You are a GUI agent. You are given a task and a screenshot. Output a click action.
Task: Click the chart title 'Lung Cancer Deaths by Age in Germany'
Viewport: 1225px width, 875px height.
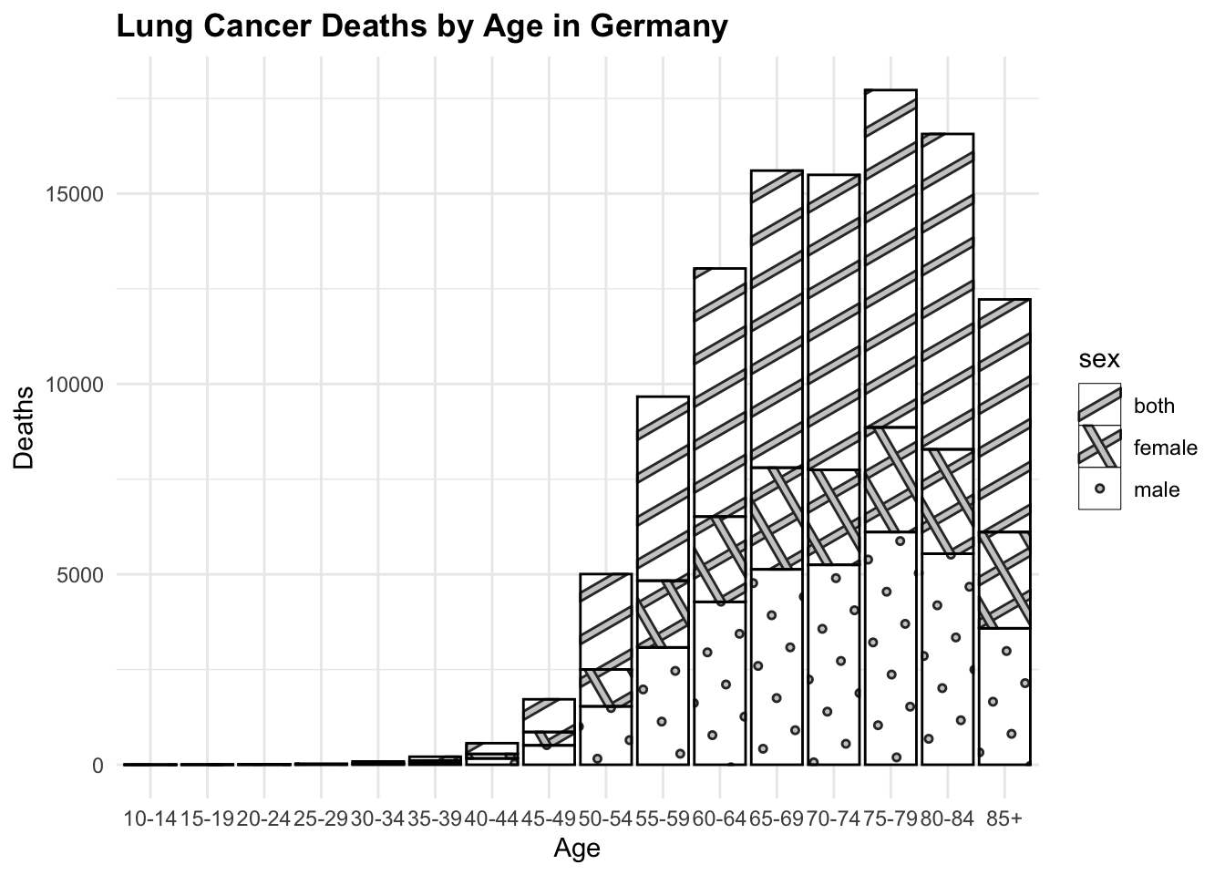422,27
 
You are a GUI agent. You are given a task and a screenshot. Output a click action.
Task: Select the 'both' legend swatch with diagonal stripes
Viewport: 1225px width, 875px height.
1099,405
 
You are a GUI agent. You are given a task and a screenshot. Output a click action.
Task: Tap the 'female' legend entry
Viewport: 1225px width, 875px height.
1165,448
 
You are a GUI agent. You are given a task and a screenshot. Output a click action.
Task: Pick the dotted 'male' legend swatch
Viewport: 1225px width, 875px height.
1099,489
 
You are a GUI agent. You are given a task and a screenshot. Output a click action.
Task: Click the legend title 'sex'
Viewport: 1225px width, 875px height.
1099,359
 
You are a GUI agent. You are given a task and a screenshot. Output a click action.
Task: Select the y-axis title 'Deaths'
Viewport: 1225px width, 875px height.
25,427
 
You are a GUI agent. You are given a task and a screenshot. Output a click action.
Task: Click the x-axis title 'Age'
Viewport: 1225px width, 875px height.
577,849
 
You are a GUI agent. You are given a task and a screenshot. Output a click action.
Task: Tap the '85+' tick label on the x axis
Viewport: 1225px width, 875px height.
1004,818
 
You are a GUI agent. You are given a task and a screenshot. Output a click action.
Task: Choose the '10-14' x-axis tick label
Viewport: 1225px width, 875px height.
149,818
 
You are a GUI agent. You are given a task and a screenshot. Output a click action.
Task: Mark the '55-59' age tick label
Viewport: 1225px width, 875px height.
663,818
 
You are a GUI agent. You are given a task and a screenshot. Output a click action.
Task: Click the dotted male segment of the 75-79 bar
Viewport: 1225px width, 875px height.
890,647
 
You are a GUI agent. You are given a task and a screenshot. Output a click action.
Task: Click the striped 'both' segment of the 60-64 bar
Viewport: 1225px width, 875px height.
719,392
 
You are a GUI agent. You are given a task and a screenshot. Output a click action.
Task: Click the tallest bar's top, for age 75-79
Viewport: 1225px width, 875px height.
890,91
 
